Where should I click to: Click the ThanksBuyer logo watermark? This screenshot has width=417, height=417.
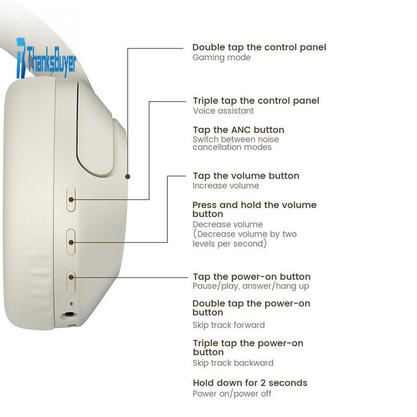click(46, 58)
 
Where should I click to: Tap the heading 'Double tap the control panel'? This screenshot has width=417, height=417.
click(259, 47)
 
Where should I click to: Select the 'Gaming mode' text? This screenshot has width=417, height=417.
click(222, 57)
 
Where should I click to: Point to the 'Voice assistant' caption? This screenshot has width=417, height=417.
click(224, 111)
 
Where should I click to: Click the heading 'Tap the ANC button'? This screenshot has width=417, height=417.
click(239, 130)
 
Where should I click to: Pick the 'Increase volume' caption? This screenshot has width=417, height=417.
click(226, 186)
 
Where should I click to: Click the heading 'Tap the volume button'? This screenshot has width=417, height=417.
click(246, 176)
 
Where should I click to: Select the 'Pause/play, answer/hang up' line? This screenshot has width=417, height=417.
click(251, 286)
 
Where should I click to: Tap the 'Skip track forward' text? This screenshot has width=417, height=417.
click(229, 325)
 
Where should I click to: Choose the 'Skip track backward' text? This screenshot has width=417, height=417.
click(233, 363)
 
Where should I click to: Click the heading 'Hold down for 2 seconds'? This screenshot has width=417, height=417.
click(250, 383)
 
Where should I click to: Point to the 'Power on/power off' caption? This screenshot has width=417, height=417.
click(232, 394)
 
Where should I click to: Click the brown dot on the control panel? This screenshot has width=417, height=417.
click(128, 176)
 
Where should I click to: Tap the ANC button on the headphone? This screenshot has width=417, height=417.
click(71, 200)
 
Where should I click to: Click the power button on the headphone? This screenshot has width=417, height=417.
click(71, 282)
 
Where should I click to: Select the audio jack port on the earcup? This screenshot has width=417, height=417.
click(69, 315)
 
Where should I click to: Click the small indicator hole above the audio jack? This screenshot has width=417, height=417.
click(71, 303)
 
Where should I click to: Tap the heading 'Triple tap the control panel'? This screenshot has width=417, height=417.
click(256, 101)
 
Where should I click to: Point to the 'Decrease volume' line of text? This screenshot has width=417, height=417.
click(228, 225)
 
